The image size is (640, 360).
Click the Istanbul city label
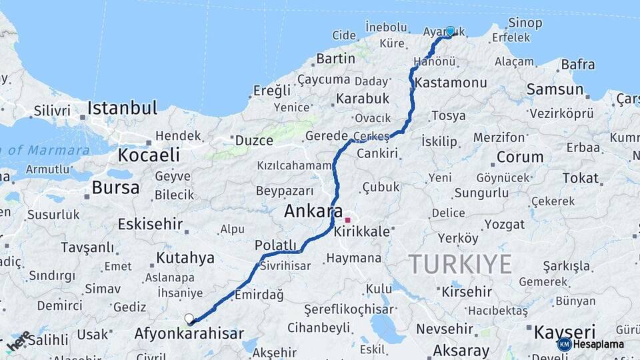pyautogui.click(x=122, y=108)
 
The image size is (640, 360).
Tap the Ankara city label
pyautogui.click(x=313, y=212)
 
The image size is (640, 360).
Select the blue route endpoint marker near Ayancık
pyautogui.click(x=451, y=31)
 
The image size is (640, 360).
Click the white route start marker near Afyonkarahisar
pyautogui.click(x=189, y=319)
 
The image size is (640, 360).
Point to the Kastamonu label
pyautogui.click(x=451, y=83)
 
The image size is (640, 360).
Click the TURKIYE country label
pyautogui.click(x=460, y=264)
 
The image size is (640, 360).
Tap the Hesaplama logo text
pyautogui.click(x=599, y=345)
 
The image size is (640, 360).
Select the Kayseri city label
pyautogui.click(x=564, y=332)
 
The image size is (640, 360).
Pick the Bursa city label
pyautogui.click(x=115, y=187)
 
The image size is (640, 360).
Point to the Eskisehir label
pyautogui.click(x=150, y=224)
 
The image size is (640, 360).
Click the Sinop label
pyautogui.click(x=525, y=23)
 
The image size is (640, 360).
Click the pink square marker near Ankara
pyautogui.click(x=347, y=220)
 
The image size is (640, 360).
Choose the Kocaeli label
pyautogui.click(x=149, y=155)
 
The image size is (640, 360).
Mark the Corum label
pyautogui.click(x=520, y=157)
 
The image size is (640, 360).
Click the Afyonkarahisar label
pyautogui.click(x=189, y=333)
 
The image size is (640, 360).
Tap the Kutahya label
pyautogui.click(x=185, y=257)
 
